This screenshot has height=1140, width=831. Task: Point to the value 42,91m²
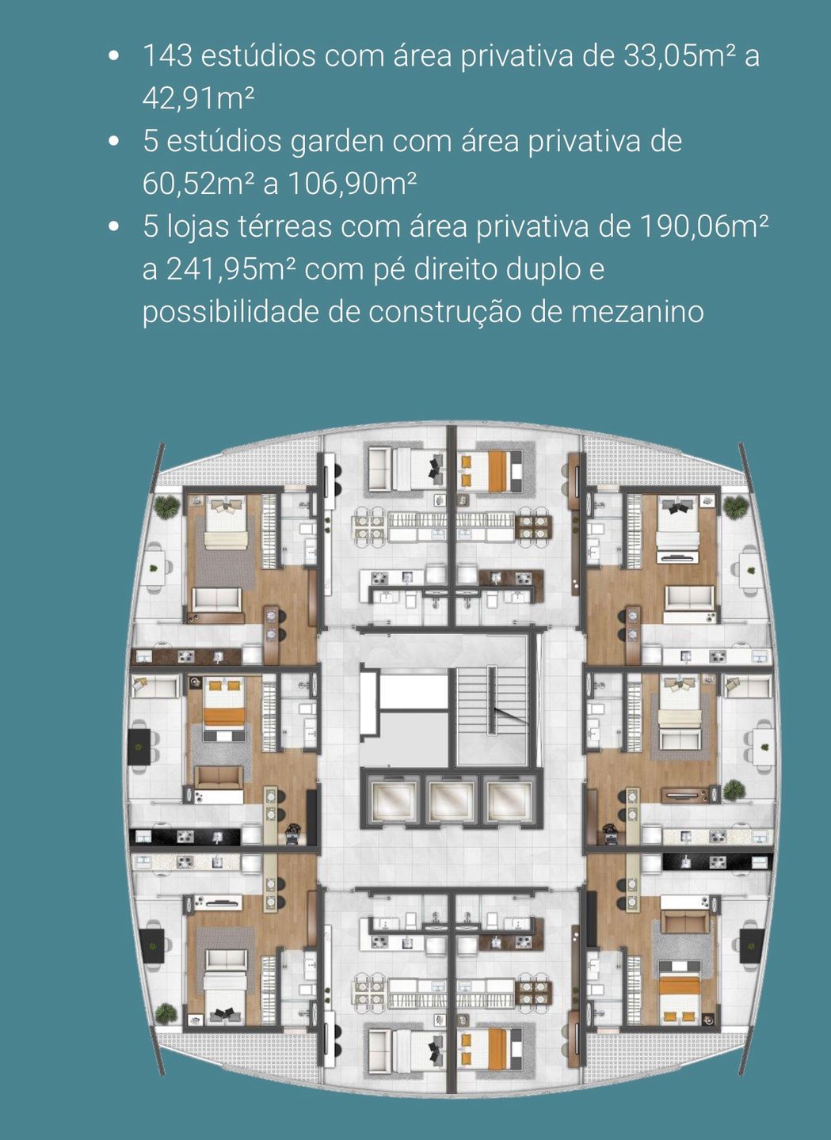coord(198,100)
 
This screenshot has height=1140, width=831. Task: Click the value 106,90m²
coord(352,184)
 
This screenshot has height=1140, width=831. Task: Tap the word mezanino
coord(637,313)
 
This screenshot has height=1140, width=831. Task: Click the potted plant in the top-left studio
coord(166,507)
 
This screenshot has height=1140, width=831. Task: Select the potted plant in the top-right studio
coord(735,507)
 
